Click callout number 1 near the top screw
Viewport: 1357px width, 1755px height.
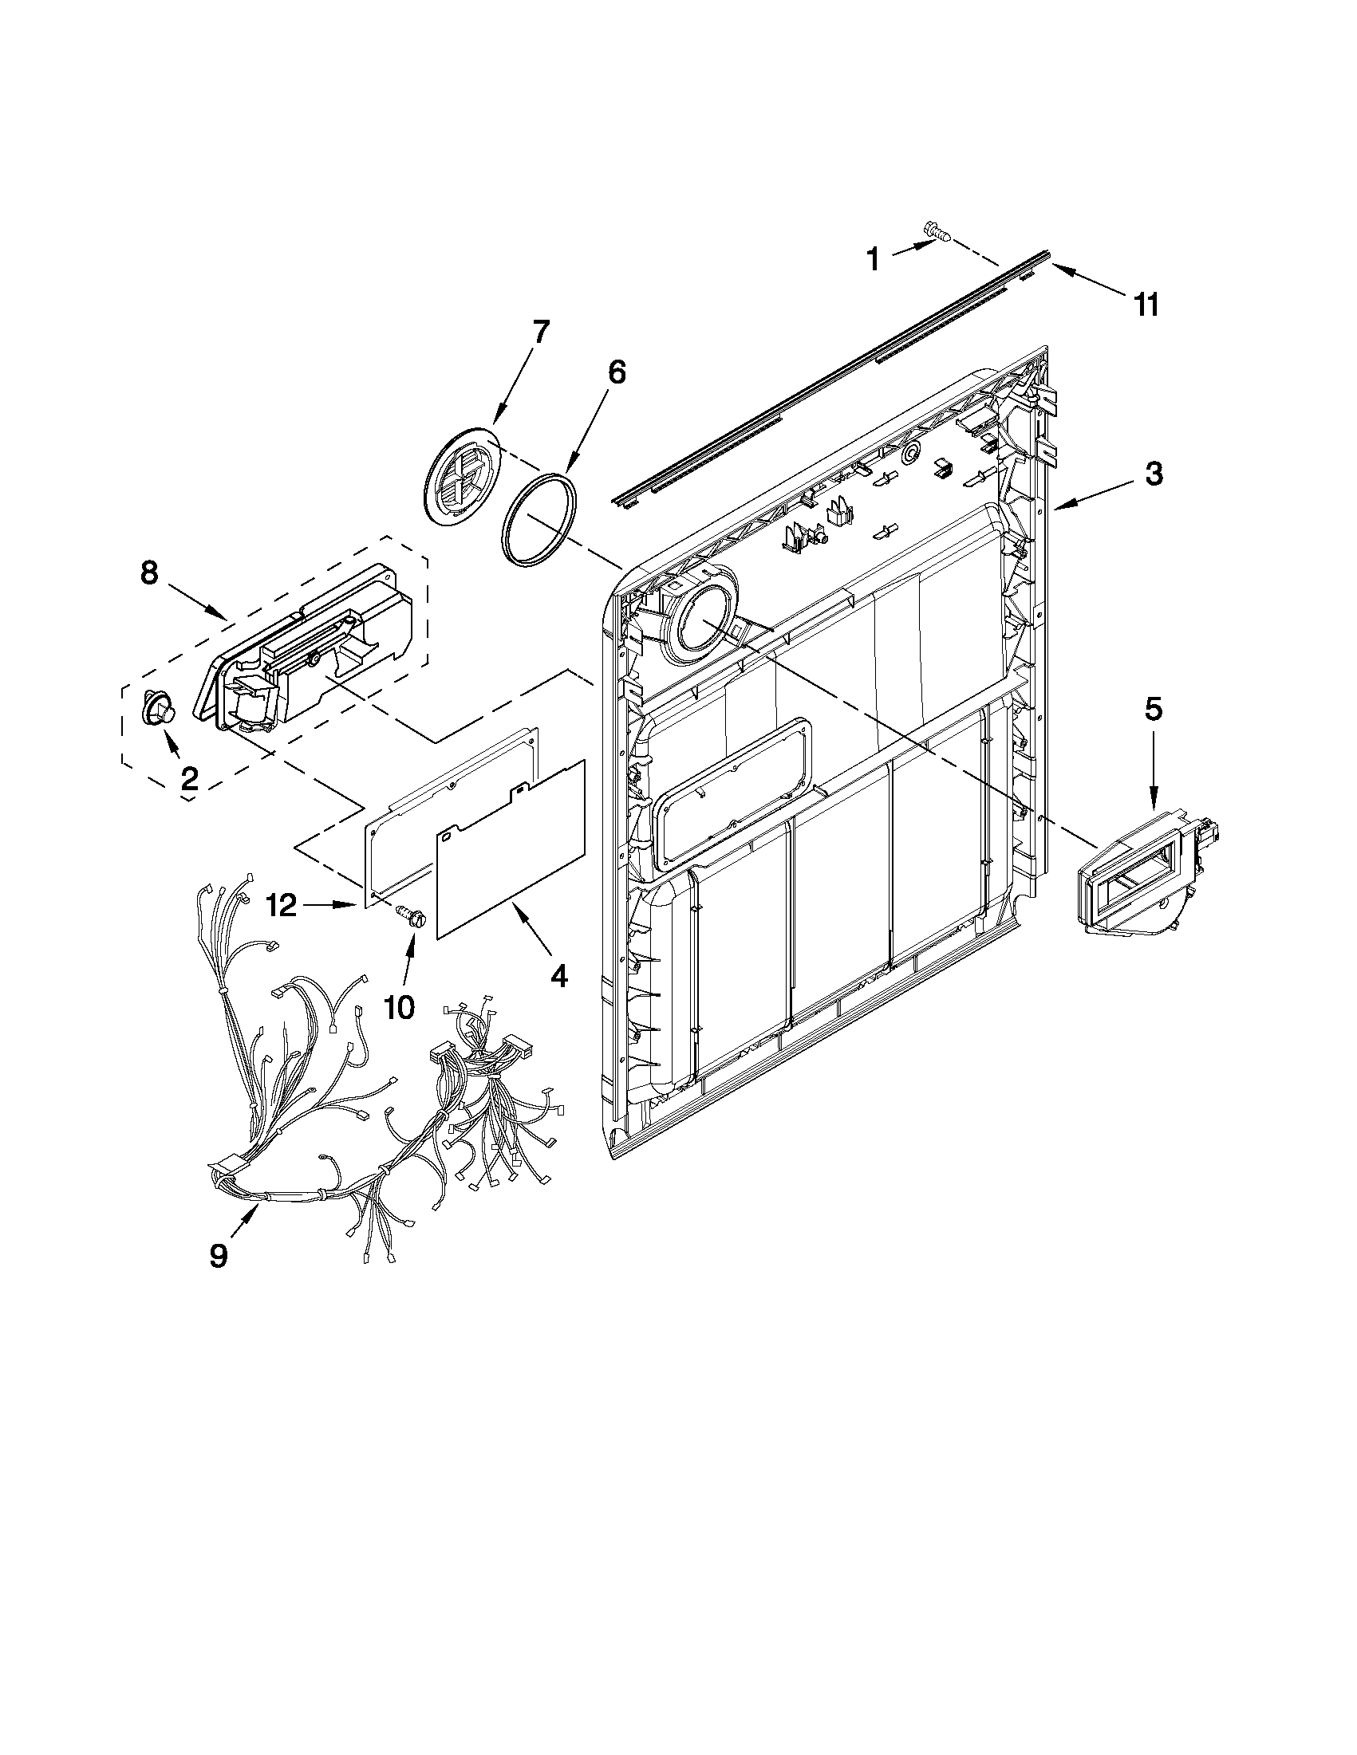click(872, 260)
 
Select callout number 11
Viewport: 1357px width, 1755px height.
click(1147, 305)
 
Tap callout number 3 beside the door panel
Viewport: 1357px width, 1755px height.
click(1154, 474)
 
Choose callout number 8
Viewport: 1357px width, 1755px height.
click(148, 573)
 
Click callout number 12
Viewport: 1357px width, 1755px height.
click(282, 906)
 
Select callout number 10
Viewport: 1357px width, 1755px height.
click(400, 1006)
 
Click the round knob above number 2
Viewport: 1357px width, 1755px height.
click(159, 708)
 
